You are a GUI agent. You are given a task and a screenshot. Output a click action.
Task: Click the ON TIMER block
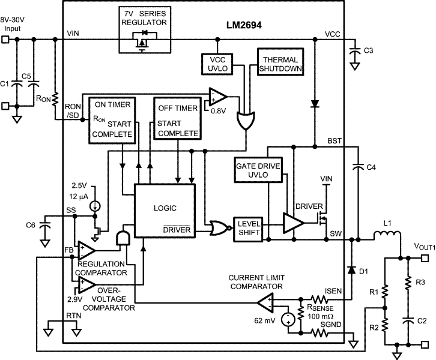click(x=112, y=120)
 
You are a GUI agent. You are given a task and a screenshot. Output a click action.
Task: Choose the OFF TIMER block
click(x=175, y=120)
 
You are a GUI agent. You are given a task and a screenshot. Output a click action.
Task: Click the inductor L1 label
click(x=388, y=223)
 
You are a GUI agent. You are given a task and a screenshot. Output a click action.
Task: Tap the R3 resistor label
click(x=420, y=281)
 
